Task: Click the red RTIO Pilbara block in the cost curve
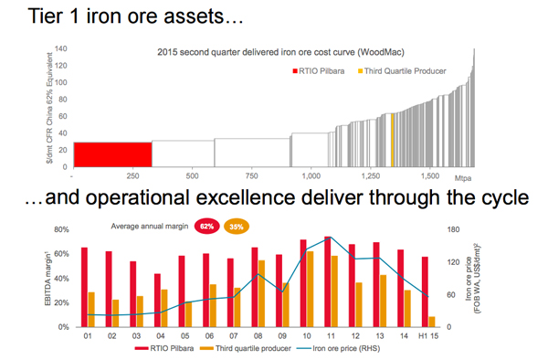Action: coord(112,153)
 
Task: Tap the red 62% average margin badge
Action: coord(206,224)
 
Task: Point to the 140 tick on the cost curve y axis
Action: coord(62,48)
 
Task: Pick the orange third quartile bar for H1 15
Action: coord(431,322)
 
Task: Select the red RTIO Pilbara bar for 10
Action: coord(303,283)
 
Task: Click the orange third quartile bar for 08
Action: coord(262,293)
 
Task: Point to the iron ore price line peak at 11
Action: coord(328,238)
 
